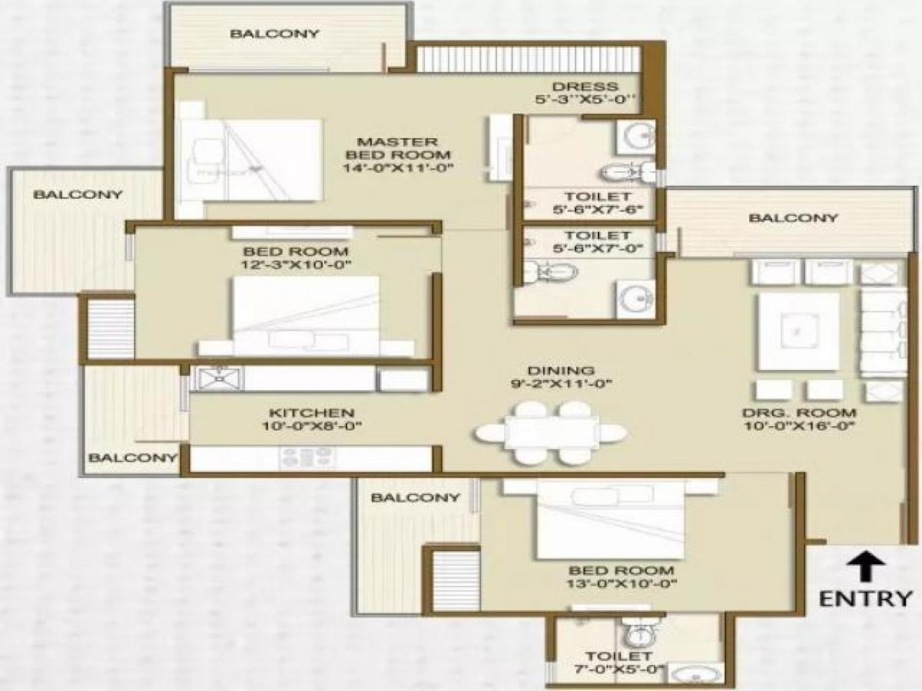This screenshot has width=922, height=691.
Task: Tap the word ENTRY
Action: (x=866, y=598)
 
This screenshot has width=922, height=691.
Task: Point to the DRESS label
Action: (x=585, y=86)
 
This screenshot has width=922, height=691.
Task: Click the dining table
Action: (x=550, y=433)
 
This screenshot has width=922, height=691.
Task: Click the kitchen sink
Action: (x=219, y=378)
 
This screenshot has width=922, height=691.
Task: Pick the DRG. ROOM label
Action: (x=799, y=412)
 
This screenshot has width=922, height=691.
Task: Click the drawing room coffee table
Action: (x=798, y=331)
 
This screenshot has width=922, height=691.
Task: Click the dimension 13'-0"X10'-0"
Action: (x=622, y=584)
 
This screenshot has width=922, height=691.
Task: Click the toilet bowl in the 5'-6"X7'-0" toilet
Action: (x=549, y=270)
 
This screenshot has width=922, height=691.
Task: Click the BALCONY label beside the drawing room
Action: (x=793, y=218)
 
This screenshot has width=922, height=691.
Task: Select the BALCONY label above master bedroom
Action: (x=274, y=33)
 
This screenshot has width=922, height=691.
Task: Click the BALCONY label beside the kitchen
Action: (x=132, y=458)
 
